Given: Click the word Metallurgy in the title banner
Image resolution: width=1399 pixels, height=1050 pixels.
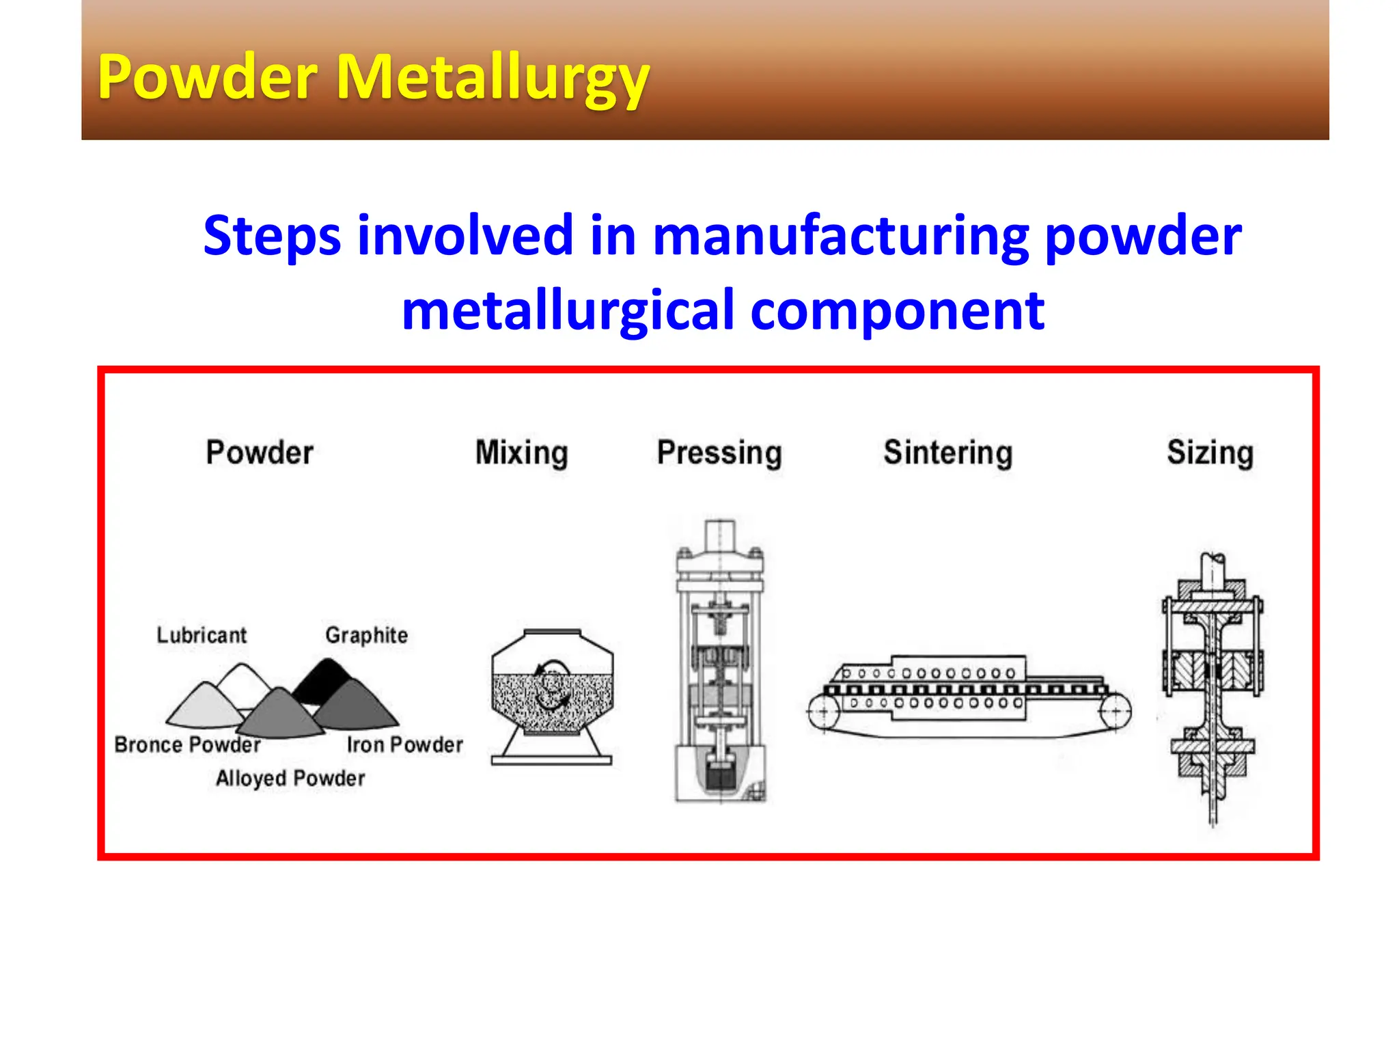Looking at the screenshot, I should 492,79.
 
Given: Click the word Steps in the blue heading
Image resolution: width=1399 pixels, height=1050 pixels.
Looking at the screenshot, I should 271,236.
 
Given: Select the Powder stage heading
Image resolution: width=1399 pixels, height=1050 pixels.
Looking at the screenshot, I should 260,453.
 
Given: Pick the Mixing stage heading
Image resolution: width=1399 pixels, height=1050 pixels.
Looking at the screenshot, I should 521,453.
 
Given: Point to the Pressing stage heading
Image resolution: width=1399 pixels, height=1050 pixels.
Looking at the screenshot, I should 719,453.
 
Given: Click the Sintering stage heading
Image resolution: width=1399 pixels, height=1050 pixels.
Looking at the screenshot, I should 947,453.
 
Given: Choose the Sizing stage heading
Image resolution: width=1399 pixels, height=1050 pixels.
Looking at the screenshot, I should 1210,453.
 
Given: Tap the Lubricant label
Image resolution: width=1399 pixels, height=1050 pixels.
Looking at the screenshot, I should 202,635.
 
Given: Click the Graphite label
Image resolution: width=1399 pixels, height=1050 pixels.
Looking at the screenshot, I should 366,635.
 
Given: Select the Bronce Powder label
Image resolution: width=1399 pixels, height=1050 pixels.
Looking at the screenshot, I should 187,744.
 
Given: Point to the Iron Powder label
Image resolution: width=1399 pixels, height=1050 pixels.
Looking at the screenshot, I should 404,744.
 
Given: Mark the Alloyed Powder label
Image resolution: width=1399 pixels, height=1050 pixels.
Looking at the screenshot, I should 290,778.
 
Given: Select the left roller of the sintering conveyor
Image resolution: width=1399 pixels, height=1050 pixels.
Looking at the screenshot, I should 824,712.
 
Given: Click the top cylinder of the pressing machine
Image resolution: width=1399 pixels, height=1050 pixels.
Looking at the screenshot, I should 719,537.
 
